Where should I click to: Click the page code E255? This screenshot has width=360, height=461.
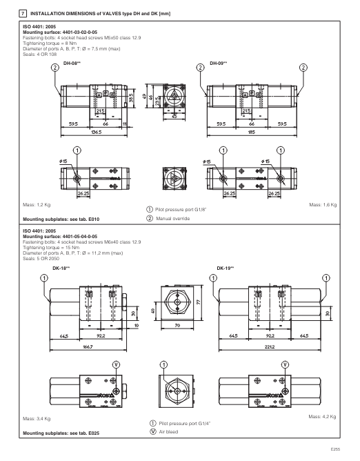pyautogui.click(x=334, y=449)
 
